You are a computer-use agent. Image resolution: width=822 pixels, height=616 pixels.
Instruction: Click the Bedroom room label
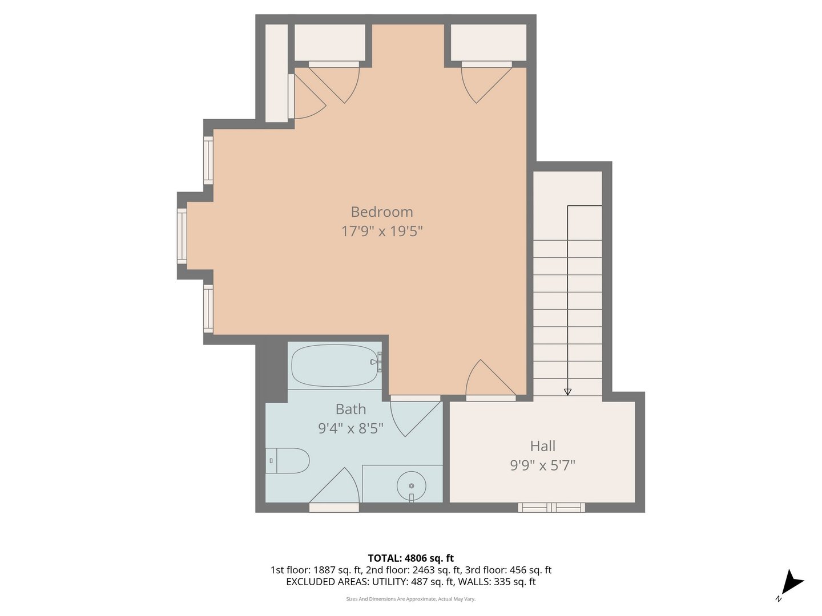381,212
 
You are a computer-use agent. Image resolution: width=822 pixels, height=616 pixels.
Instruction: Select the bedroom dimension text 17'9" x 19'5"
381,231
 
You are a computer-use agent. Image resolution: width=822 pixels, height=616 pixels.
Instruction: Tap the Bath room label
350,409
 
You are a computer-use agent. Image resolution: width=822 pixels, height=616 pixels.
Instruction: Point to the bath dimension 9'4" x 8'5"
350,428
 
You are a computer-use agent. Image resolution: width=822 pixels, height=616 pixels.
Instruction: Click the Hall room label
542,446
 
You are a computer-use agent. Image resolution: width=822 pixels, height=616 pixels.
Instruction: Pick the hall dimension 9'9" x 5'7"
542,465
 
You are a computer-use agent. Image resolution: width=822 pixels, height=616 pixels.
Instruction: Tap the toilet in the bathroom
288,460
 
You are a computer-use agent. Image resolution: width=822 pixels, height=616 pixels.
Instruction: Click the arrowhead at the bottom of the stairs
567,391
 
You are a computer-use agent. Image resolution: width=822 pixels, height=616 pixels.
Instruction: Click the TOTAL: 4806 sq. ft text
410,558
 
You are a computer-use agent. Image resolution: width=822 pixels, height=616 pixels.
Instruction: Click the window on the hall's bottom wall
551,507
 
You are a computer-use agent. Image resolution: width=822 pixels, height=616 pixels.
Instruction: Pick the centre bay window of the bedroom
182,236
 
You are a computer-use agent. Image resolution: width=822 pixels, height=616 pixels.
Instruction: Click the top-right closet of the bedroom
489,42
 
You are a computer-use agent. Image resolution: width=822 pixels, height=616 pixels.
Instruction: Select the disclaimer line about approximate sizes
410,599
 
